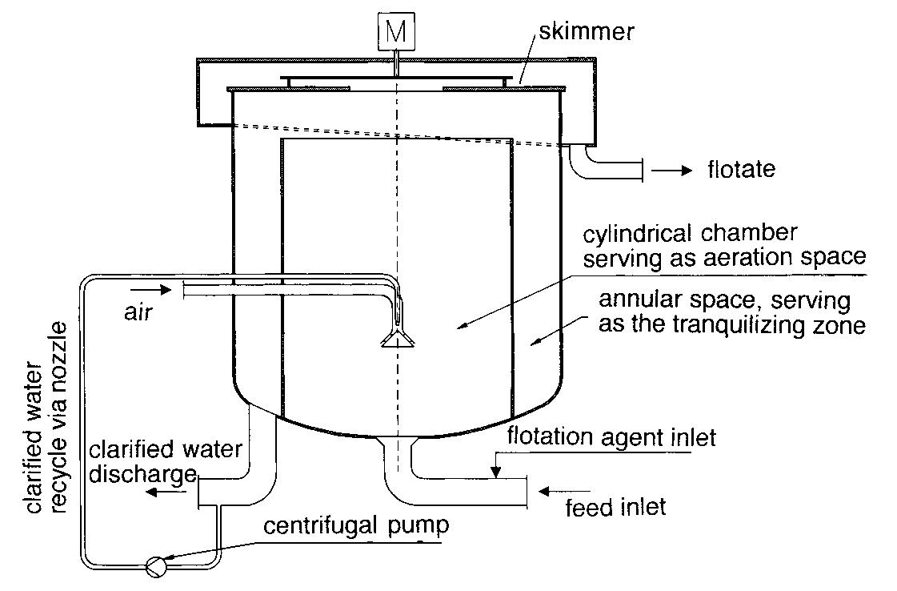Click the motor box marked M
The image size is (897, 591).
[396, 31]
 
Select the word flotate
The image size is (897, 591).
[741, 170]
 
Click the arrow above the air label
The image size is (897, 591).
[155, 289]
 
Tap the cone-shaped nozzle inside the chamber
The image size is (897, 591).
[398, 340]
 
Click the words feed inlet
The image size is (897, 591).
[615, 508]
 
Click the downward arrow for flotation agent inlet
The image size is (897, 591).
[496, 465]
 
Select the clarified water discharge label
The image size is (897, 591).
[165, 462]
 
